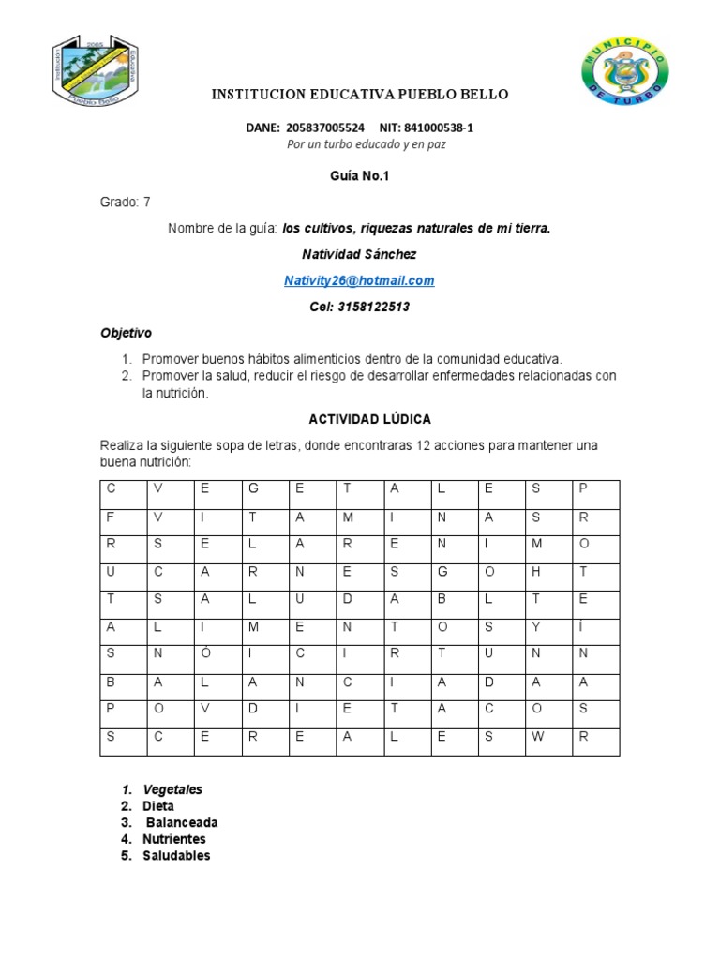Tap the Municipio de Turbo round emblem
tap(626, 72)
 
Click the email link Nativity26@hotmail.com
tap(359, 280)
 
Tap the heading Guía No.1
tap(359, 175)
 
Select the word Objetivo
tap(126, 333)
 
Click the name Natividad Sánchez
tap(359, 254)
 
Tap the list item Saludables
tap(176, 855)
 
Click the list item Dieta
tap(158, 806)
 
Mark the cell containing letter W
tap(536, 736)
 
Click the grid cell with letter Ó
tap(203, 652)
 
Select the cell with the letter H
tap(536, 570)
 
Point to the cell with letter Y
tap(536, 625)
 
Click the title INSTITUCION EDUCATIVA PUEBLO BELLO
tap(360, 95)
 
